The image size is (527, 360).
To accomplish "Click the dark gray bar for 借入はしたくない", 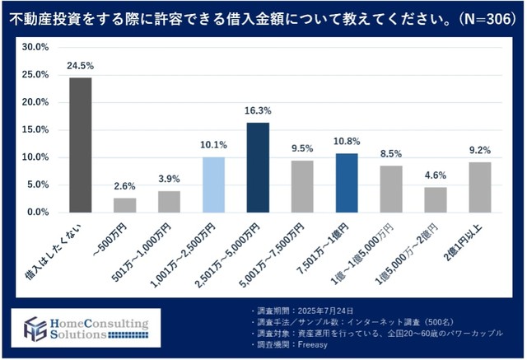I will pyautogui.click(x=80, y=145).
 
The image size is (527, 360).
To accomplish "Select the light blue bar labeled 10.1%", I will pyautogui.click(x=213, y=185).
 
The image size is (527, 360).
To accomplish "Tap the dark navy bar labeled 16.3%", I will pyautogui.click(x=258, y=167).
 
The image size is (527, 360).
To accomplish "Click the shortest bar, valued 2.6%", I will pyautogui.click(x=124, y=205).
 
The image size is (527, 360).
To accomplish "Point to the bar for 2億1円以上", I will pyautogui.click(x=480, y=187).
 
